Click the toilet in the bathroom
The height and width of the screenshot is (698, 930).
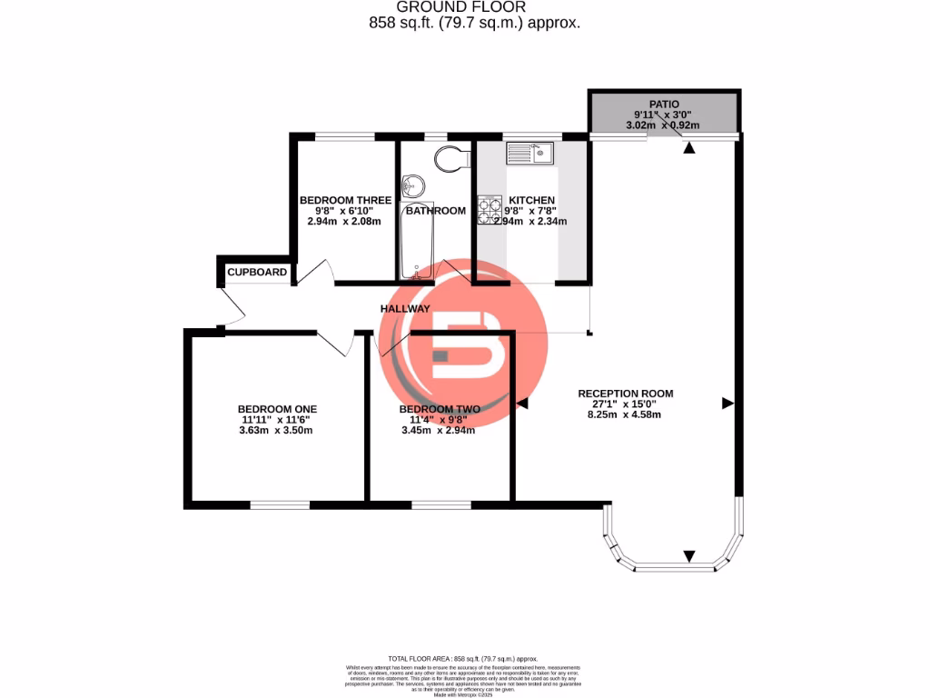tap(450, 159)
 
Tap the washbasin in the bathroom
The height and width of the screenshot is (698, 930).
tap(414, 184)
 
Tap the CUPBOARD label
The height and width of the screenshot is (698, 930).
tap(257, 272)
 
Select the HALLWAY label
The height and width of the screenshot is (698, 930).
tap(405, 309)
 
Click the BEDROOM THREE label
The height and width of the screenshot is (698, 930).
tap(345, 200)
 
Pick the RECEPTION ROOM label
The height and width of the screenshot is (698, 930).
tap(626, 394)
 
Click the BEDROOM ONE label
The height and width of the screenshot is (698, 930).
tap(277, 409)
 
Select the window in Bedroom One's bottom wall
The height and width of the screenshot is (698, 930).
tap(280, 504)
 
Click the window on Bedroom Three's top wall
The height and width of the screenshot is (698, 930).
tap(345, 137)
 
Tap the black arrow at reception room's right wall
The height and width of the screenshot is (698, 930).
tap(727, 402)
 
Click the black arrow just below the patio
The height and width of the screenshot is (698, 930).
tap(689, 147)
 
